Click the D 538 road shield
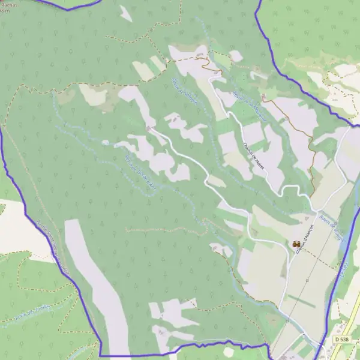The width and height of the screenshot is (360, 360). (x=341, y=340)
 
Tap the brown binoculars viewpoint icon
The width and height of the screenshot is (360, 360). (x=296, y=244)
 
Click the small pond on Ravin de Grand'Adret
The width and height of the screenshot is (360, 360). (x=106, y=143)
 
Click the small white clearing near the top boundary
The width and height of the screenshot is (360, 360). (x=125, y=13)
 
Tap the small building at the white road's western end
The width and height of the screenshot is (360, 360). (x=149, y=127)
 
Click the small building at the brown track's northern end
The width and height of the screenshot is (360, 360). (x=263, y=96)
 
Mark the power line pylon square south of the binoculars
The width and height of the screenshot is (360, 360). (x=307, y=279)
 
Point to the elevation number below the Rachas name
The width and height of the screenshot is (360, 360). (x=5, y=10)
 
